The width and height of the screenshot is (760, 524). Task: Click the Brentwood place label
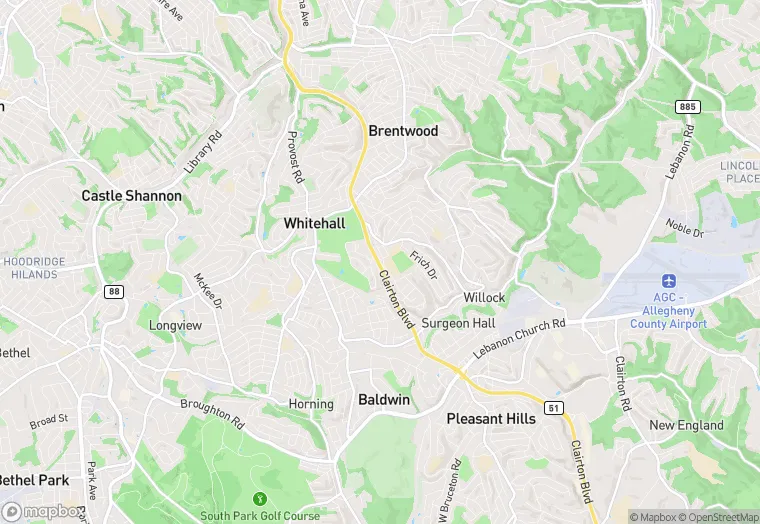[403, 131]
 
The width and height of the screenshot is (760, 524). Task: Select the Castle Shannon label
[131, 196]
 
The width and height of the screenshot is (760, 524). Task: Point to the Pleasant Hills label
[491, 418]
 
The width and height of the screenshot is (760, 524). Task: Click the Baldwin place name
[384, 400]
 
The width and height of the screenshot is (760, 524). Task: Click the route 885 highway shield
[686, 106]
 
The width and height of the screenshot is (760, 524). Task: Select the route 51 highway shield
[552, 408]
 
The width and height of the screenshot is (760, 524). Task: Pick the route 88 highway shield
[113, 291]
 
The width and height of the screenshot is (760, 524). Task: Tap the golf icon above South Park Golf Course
[260, 498]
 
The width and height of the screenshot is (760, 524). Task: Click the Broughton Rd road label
[213, 413]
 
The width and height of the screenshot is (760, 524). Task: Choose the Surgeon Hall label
[458, 323]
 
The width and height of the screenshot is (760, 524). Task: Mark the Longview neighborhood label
[175, 325]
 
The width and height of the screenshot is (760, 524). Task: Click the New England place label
[686, 425]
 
